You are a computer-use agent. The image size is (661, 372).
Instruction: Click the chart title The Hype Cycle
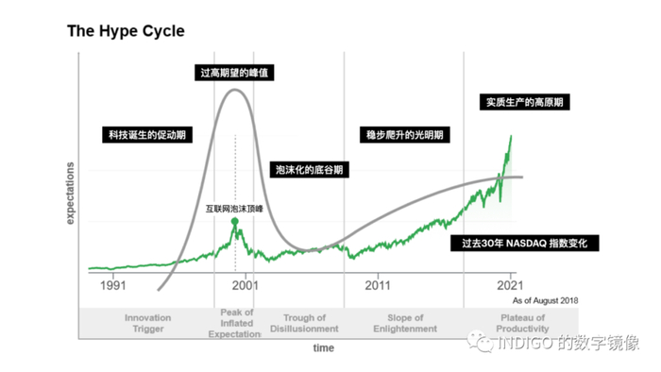pyautogui.click(x=126, y=31)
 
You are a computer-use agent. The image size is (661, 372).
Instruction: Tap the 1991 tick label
pyautogui.click(x=113, y=284)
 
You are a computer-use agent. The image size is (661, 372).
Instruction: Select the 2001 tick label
pyautogui.click(x=246, y=284)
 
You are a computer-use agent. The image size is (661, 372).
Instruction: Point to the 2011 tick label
pyautogui.click(x=378, y=284)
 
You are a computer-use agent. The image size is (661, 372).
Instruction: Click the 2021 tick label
pyautogui.click(x=510, y=284)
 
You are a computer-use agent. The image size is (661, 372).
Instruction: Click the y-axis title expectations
pyautogui.click(x=70, y=194)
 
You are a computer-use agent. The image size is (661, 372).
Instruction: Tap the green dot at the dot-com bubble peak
pyautogui.click(x=235, y=222)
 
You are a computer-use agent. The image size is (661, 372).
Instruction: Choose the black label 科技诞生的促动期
pyautogui.click(x=146, y=135)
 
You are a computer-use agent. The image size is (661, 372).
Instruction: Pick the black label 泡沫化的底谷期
pyautogui.click(x=309, y=170)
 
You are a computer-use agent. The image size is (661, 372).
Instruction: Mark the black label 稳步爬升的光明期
pyautogui.click(x=406, y=135)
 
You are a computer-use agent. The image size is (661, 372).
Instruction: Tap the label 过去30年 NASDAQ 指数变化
pyautogui.click(x=525, y=243)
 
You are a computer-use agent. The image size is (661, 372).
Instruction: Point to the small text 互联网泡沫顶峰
pyautogui.click(x=235, y=208)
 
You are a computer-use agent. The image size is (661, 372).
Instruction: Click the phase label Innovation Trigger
pyautogui.click(x=147, y=323)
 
